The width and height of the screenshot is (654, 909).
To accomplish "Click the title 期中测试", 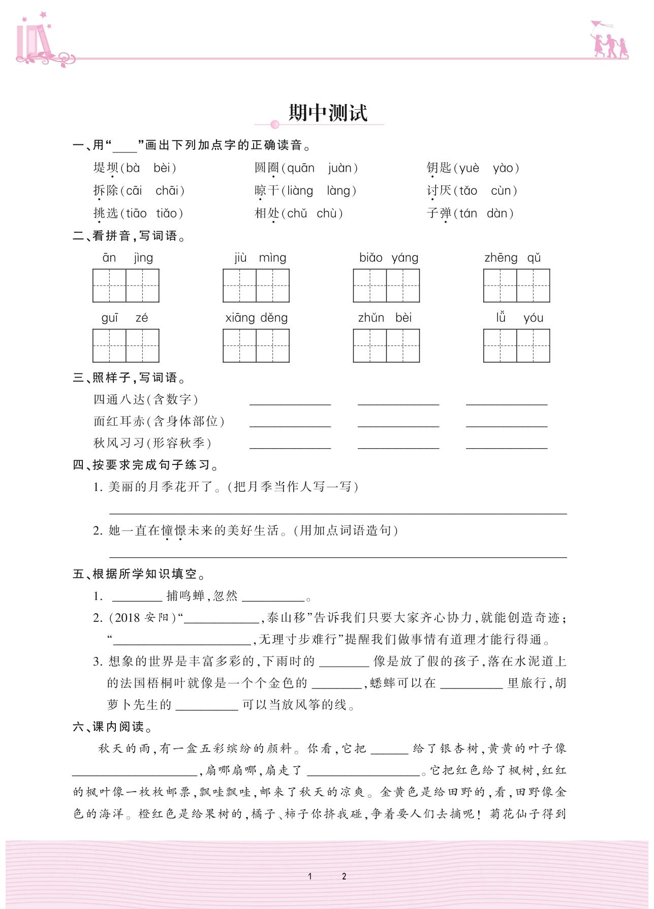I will click(328, 112).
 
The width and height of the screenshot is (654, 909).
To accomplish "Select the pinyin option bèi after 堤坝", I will click(163, 168).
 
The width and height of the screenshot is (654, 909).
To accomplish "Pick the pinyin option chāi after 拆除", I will click(167, 191).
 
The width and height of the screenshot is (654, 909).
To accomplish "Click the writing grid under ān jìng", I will click(126, 286).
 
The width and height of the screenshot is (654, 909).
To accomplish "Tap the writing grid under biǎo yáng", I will click(386, 286).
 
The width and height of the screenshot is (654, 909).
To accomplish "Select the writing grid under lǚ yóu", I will click(516, 346).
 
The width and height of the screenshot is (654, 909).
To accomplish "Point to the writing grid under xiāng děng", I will click(256, 346).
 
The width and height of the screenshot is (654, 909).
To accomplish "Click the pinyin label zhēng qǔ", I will click(512, 258).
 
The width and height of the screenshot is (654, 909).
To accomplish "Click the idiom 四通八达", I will click(119, 399).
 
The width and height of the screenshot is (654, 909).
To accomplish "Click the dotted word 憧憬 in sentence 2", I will click(174, 530).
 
